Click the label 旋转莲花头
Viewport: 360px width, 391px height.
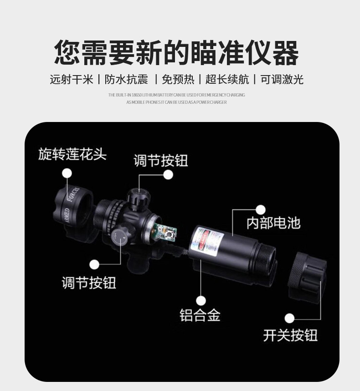[x=72, y=154]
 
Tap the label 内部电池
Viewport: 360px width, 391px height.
[x=273, y=223]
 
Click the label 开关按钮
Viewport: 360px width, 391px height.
[x=290, y=335]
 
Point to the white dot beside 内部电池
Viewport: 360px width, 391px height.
[x=260, y=210]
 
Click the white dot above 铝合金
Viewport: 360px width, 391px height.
[x=201, y=300]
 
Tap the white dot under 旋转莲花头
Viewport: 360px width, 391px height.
[x=67, y=173]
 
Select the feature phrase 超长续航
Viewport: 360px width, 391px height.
[x=227, y=80]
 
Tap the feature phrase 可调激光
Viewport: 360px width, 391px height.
[x=282, y=80]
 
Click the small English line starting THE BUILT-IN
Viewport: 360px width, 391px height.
[x=176, y=95]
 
